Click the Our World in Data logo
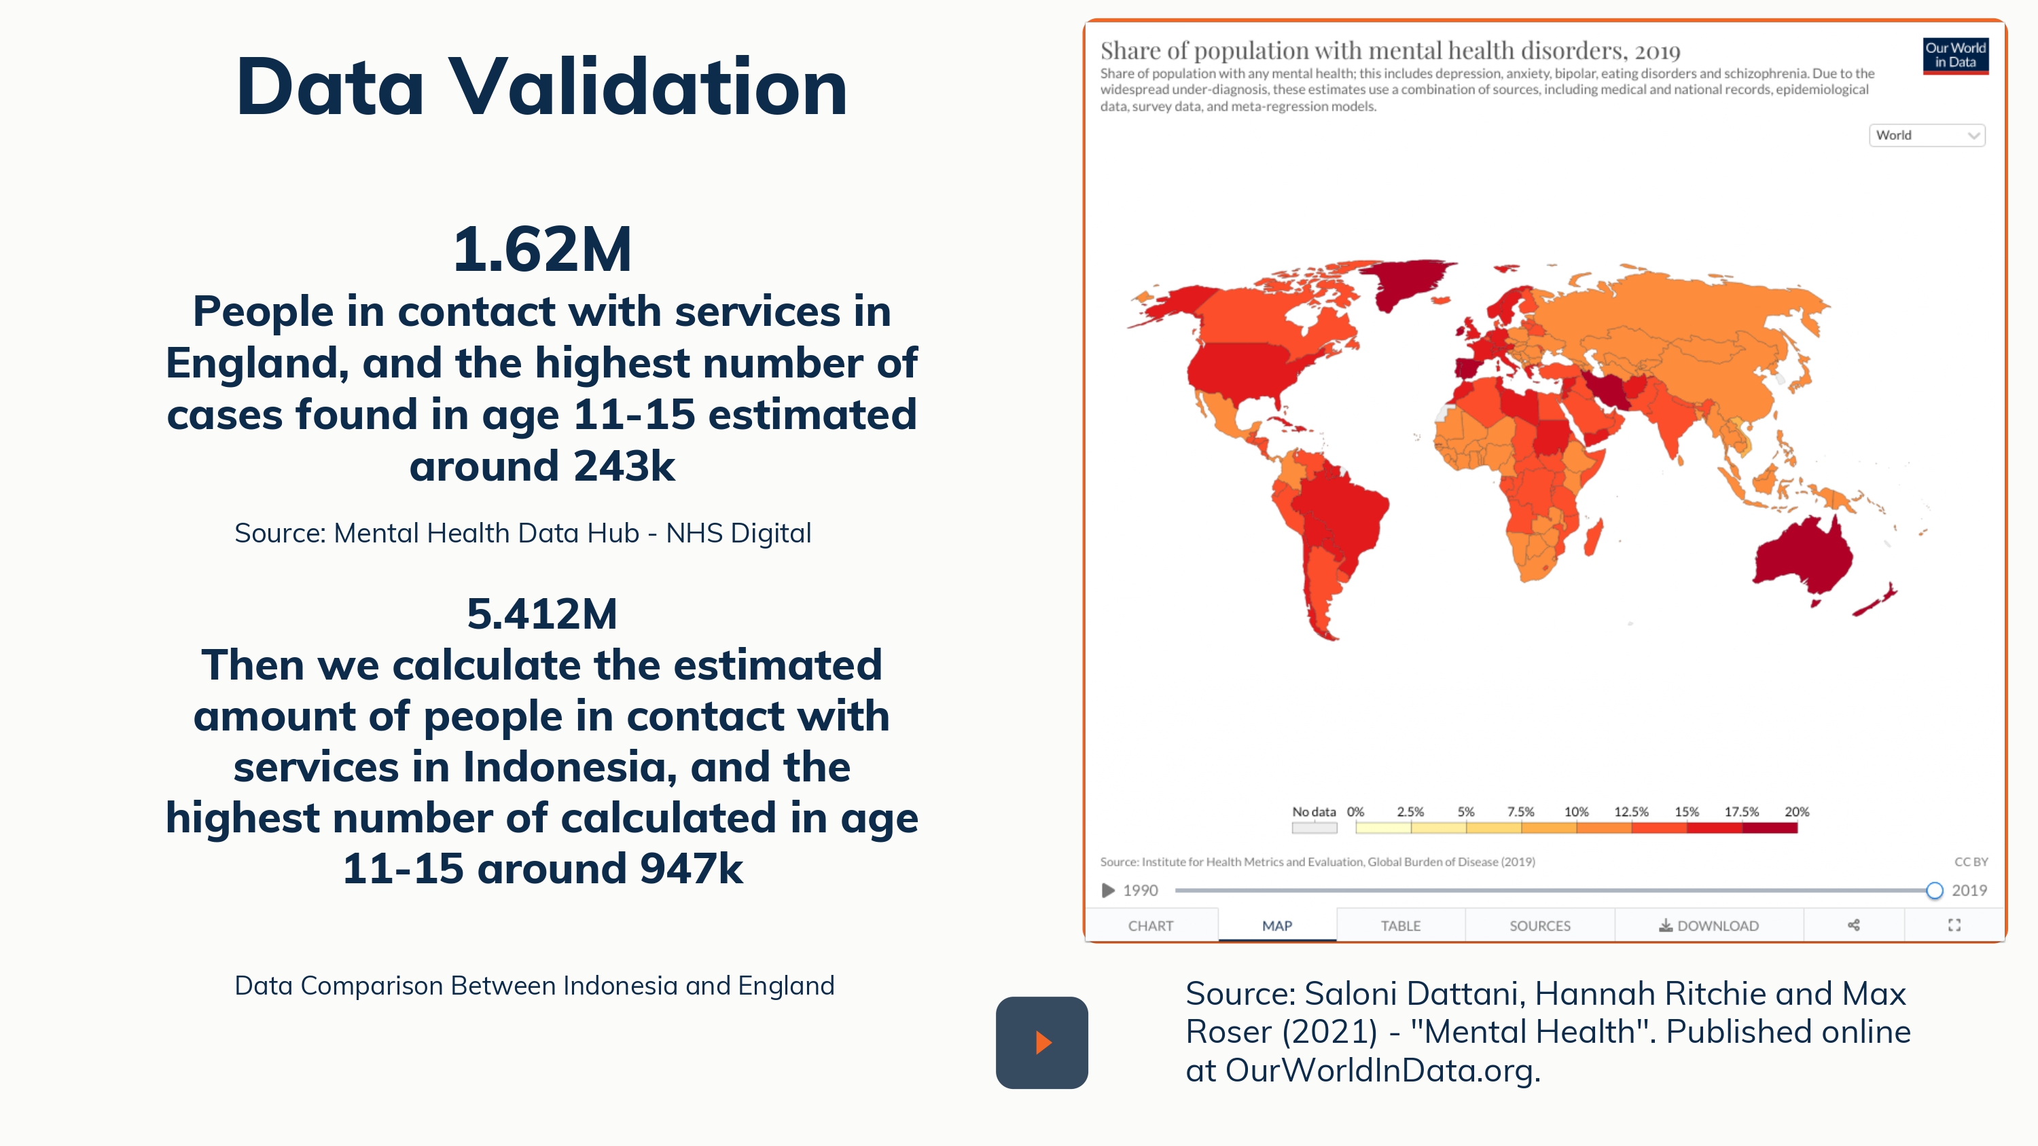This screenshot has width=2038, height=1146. tap(1955, 56)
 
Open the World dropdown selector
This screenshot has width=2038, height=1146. tap(1927, 135)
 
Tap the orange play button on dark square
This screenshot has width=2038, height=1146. tap(1042, 1042)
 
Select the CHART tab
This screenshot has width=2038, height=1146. tap(1150, 925)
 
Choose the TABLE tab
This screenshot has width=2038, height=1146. tap(1400, 925)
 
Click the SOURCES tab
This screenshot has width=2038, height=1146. tap(1539, 925)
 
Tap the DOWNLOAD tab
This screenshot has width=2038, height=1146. tap(1709, 925)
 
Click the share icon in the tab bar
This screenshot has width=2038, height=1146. tap(1854, 925)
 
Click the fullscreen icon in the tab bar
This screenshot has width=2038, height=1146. tap(1954, 925)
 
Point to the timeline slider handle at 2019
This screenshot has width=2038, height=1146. tap(1934, 891)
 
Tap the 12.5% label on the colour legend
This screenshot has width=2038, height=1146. tap(1631, 811)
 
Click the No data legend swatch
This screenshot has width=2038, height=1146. tap(1314, 828)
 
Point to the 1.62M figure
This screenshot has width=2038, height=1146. tap(542, 250)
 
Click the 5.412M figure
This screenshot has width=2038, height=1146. tap(542, 614)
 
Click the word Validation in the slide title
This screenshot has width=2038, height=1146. tap(649, 87)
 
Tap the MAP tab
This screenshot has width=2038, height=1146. tap(1277, 925)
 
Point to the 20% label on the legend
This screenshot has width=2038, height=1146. tap(1797, 811)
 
